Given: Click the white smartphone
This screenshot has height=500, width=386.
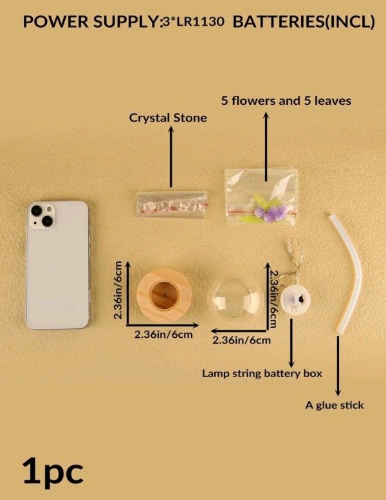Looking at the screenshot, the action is tap(58, 265).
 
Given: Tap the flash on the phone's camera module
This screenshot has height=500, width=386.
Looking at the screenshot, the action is tap(49, 210).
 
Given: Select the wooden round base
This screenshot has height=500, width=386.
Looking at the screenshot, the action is tap(164, 295).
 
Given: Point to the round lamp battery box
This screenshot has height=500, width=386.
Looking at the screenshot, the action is tap(295, 299).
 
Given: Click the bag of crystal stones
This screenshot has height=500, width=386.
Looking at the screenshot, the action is tap(172, 204).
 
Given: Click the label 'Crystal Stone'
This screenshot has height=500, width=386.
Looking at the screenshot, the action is tap(168, 118).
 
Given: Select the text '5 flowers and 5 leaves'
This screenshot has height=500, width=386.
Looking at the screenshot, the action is tap(286, 101).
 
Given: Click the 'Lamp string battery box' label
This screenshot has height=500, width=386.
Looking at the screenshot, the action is tap(262, 373).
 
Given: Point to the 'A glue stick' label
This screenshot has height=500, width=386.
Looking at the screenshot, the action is tap(335, 405).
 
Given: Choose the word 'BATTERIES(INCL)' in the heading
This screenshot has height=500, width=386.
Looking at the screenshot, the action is tap(304, 22).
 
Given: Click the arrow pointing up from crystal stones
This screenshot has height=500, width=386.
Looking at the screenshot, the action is tap(171, 156).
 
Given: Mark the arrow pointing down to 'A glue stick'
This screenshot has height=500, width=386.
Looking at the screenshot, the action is tap(338, 366).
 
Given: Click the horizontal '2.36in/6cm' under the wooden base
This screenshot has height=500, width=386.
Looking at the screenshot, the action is tap(163, 335).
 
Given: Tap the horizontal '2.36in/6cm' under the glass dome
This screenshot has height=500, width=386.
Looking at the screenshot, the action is tap(241, 340).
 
